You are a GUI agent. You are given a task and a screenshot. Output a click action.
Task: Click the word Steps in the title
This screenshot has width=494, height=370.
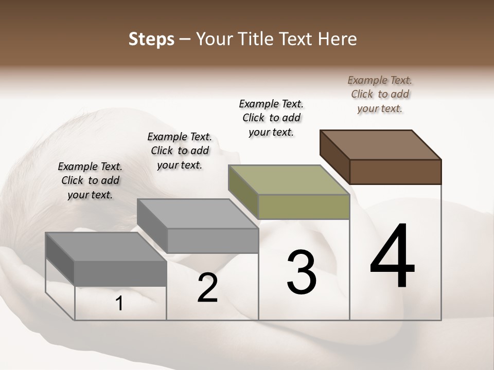pos(151,40)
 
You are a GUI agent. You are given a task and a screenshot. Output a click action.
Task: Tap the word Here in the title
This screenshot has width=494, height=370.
pos(338,39)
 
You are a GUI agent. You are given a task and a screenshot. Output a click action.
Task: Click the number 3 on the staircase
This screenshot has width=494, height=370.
pos(302,272)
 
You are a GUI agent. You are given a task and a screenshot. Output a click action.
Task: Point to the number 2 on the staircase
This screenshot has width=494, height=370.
pos(207,288)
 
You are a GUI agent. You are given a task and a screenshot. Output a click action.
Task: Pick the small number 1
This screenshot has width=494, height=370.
pos(119,304)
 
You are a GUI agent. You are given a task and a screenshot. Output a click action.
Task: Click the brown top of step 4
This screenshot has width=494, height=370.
pos(381,144)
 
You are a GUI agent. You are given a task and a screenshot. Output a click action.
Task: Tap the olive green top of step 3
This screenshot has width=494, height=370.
pos(289,179)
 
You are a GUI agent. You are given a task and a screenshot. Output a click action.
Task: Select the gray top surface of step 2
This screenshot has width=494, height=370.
pos(198,213)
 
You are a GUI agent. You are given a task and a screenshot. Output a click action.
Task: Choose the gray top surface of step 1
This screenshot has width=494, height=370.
pos(106,247)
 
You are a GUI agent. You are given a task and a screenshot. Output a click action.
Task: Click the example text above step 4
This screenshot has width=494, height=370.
pos(380,94)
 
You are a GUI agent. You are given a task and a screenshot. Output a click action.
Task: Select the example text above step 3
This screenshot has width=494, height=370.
pos(271,118)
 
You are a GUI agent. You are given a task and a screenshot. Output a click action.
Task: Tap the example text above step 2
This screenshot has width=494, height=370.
pos(180,151)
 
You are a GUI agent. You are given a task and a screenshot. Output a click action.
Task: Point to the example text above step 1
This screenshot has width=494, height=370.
pos(90,180)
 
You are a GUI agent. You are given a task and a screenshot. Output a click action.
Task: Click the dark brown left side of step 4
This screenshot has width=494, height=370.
pos(334,157)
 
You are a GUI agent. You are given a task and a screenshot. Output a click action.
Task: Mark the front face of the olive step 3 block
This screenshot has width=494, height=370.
pos(304,207)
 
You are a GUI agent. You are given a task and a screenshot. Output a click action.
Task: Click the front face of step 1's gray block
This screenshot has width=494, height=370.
pos(120,273)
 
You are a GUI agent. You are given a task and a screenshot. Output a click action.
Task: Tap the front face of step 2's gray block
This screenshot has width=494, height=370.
pos(213,240)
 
